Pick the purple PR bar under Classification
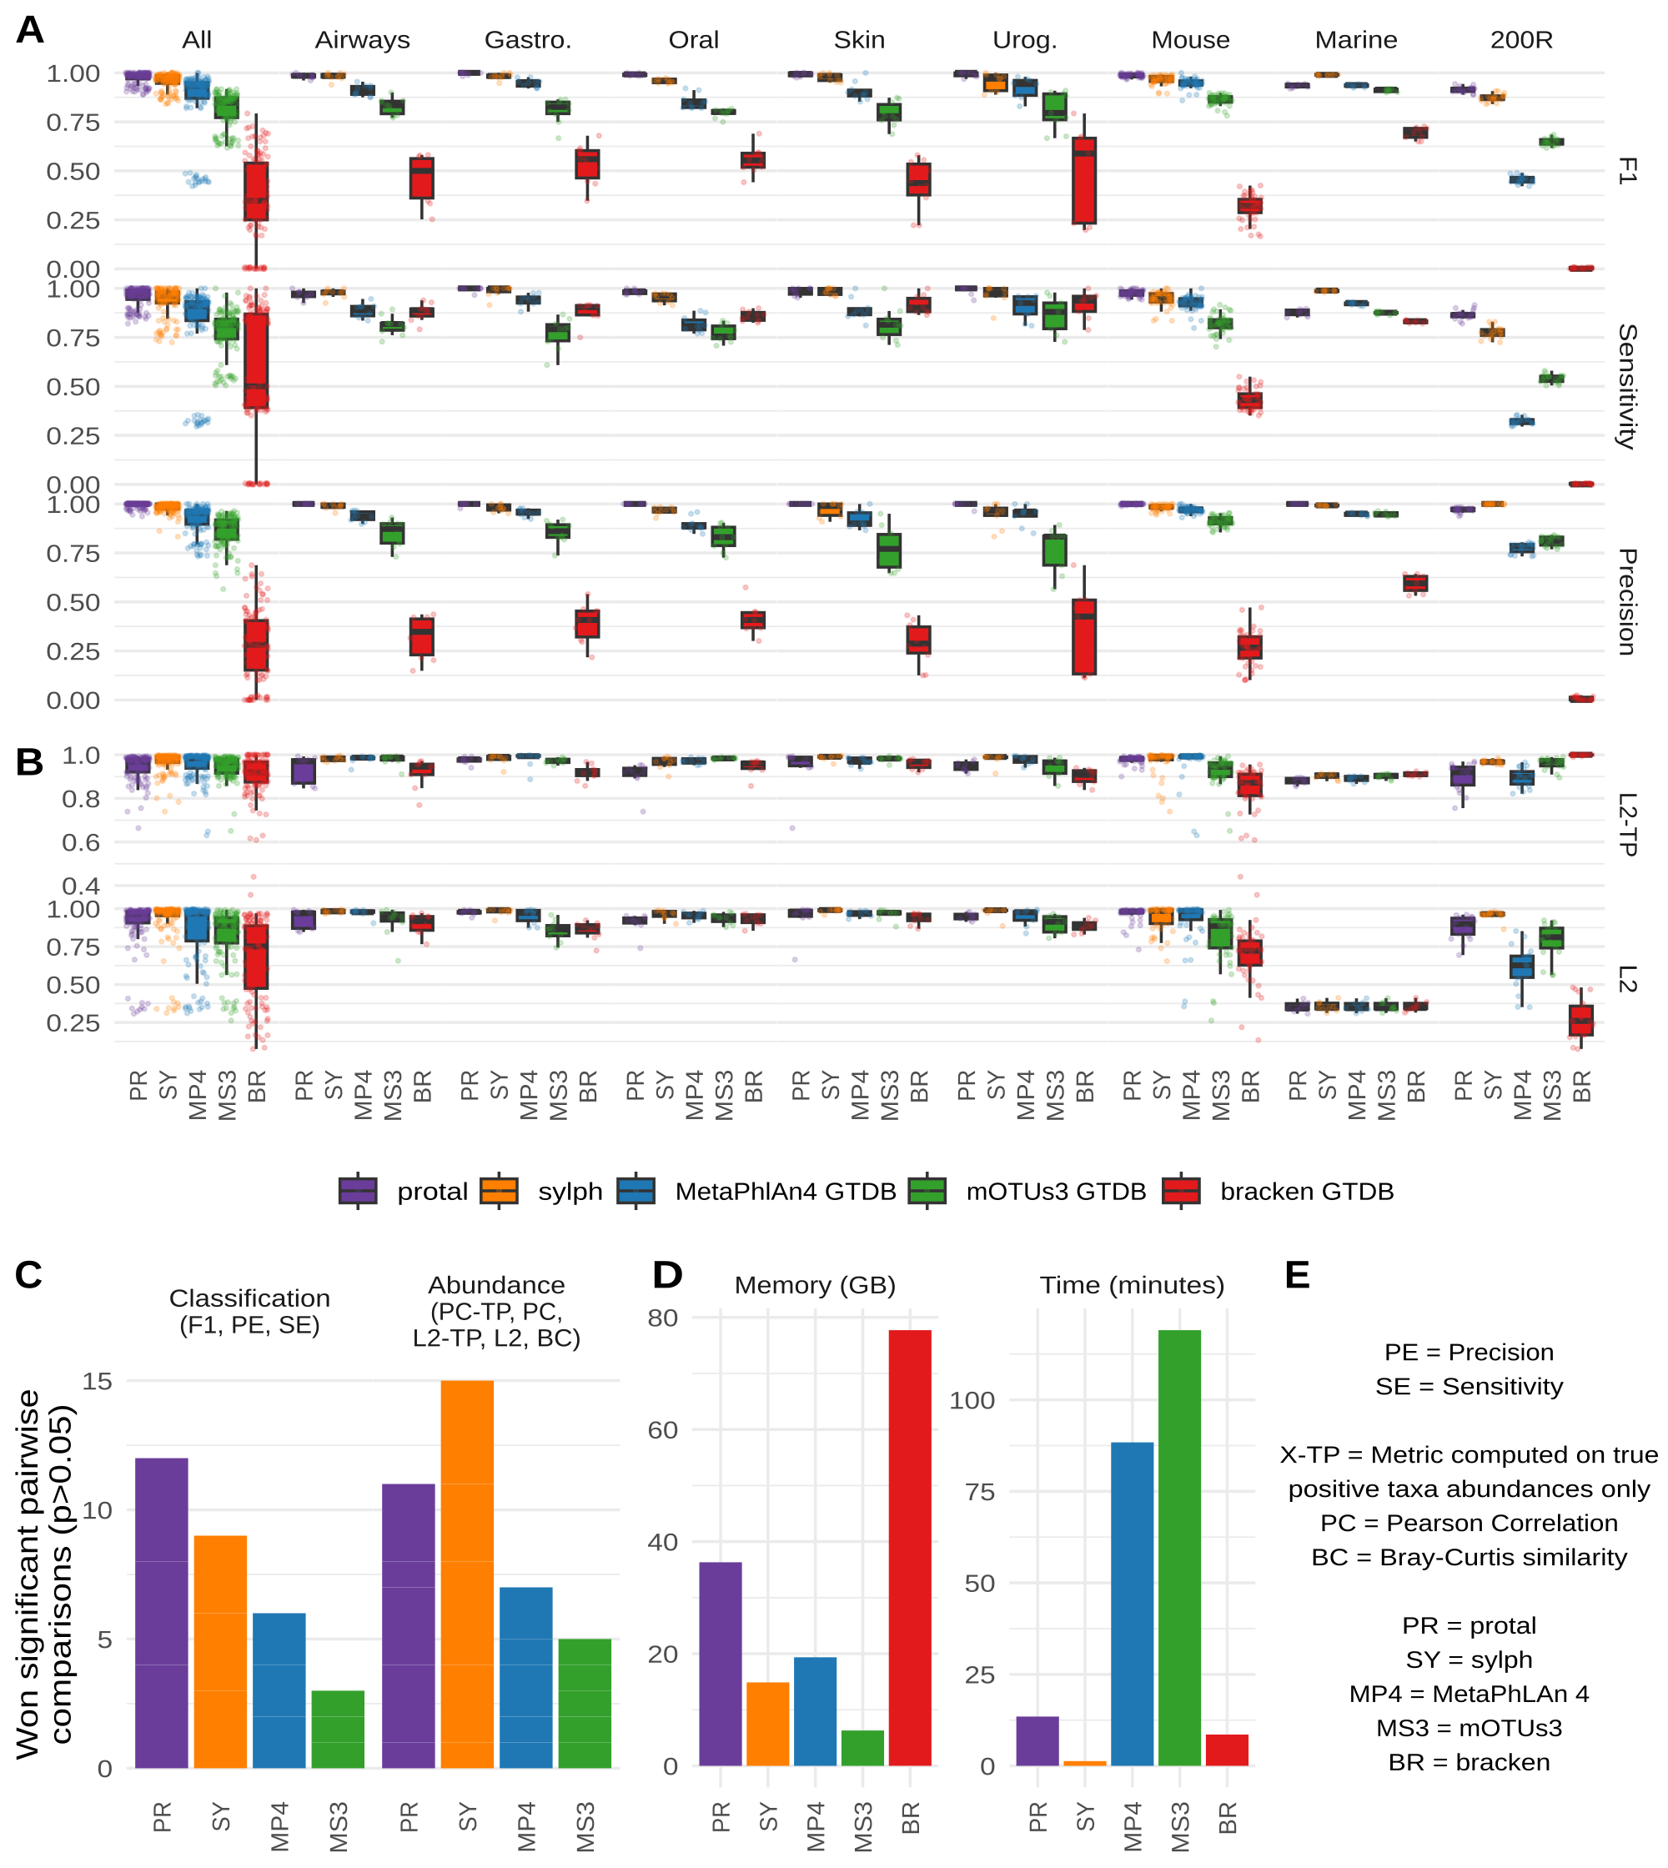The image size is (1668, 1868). click(161, 1612)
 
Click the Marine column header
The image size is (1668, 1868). click(1355, 40)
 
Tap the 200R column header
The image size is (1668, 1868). click(1520, 40)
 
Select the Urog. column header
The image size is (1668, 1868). click(1025, 40)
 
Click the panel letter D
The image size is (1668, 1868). click(667, 1275)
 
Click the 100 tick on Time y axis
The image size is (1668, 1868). click(972, 1400)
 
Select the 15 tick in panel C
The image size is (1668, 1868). click(97, 1381)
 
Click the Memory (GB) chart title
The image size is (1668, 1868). click(815, 1285)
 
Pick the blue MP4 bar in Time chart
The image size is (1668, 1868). click(1132, 1603)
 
